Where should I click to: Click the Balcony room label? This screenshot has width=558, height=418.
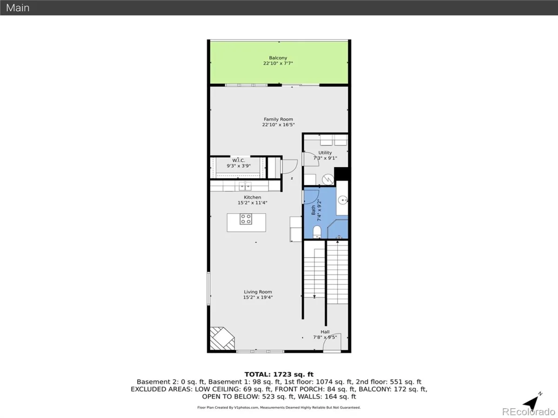(278, 58)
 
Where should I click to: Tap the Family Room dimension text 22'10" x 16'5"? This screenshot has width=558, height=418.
(279, 124)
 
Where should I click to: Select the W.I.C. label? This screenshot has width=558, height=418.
(239, 160)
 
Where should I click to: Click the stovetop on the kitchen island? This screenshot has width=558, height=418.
(246, 219)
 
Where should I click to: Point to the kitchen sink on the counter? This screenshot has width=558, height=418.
(245, 186)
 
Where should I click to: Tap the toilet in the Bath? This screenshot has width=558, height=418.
(317, 232)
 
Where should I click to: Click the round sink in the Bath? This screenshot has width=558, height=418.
(343, 200)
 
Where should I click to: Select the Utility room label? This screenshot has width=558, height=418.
(325, 152)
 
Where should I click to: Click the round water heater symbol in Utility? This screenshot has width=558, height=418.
(328, 180)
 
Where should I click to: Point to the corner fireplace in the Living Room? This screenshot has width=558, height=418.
(221, 339)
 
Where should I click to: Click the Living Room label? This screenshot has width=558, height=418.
(258, 292)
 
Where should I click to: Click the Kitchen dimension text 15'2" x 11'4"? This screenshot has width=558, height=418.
(252, 202)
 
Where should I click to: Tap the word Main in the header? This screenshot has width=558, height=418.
(18, 8)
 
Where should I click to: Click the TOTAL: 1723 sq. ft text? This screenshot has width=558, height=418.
(279, 374)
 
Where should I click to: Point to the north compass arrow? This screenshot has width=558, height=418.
(532, 401)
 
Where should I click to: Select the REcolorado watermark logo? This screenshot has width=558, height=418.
(529, 411)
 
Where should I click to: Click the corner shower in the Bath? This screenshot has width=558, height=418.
(338, 229)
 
